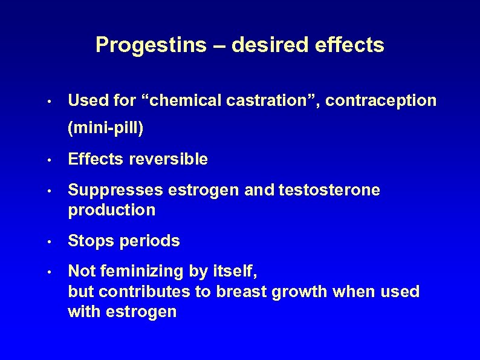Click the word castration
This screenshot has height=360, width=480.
click(x=273, y=100)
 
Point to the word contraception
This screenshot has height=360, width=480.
click(x=381, y=100)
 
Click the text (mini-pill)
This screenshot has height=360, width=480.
click(x=106, y=128)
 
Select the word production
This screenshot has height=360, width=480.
click(x=112, y=210)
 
